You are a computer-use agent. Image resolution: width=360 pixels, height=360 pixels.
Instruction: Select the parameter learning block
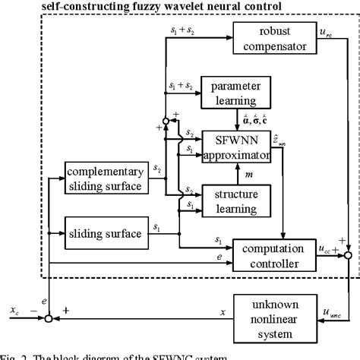pyautogui.click(x=234, y=91)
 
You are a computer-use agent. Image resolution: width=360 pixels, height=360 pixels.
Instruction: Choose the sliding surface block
pyautogui.click(x=103, y=233)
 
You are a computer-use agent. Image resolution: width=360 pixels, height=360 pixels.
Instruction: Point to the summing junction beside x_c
pyautogui.click(x=49, y=318)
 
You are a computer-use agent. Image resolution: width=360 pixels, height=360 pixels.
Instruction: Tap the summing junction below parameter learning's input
pyautogui.click(x=165, y=120)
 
